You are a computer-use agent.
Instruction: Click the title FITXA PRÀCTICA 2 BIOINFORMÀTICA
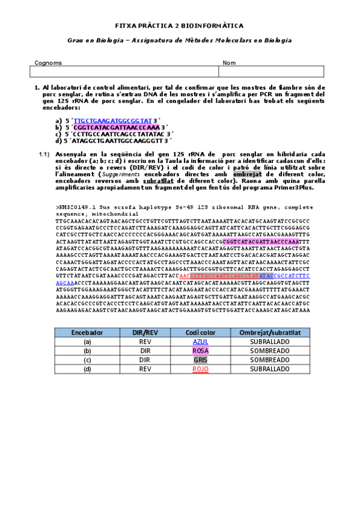tap(179, 26)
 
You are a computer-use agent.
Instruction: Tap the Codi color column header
tap(200, 332)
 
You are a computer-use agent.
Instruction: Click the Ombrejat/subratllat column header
tap(266, 332)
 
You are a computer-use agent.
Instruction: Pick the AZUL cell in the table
tap(200, 341)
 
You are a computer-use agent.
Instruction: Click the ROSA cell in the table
tap(200, 351)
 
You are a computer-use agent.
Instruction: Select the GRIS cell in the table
tap(200, 360)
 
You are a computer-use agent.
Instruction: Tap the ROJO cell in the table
tap(200, 369)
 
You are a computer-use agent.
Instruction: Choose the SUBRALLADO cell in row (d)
tap(266, 369)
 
